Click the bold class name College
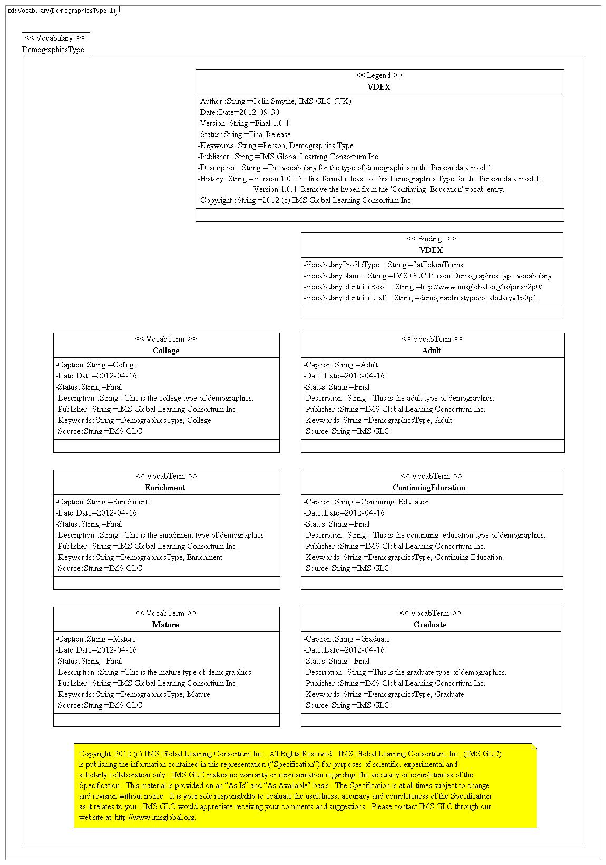pos(166,351)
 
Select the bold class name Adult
pos(432,351)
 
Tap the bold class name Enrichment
pos(165,488)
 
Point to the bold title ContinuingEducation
pos(429,488)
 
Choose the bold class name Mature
pos(165,625)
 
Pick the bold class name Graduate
pos(430,625)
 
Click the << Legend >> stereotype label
pos(379,75)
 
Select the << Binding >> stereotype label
pos(432,239)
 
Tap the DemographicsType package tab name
pos(53,50)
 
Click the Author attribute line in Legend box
pos(275,101)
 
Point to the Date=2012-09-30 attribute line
pos(239,112)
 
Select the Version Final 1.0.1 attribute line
pos(243,123)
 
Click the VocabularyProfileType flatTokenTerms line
pos(383,265)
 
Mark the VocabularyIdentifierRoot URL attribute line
pos(423,287)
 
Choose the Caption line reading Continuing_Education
pos(367,502)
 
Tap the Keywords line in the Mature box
pos(133,694)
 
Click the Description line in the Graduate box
pos(405,672)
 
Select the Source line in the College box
pos(99,431)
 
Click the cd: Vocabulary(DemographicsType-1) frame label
pos(62,11)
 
